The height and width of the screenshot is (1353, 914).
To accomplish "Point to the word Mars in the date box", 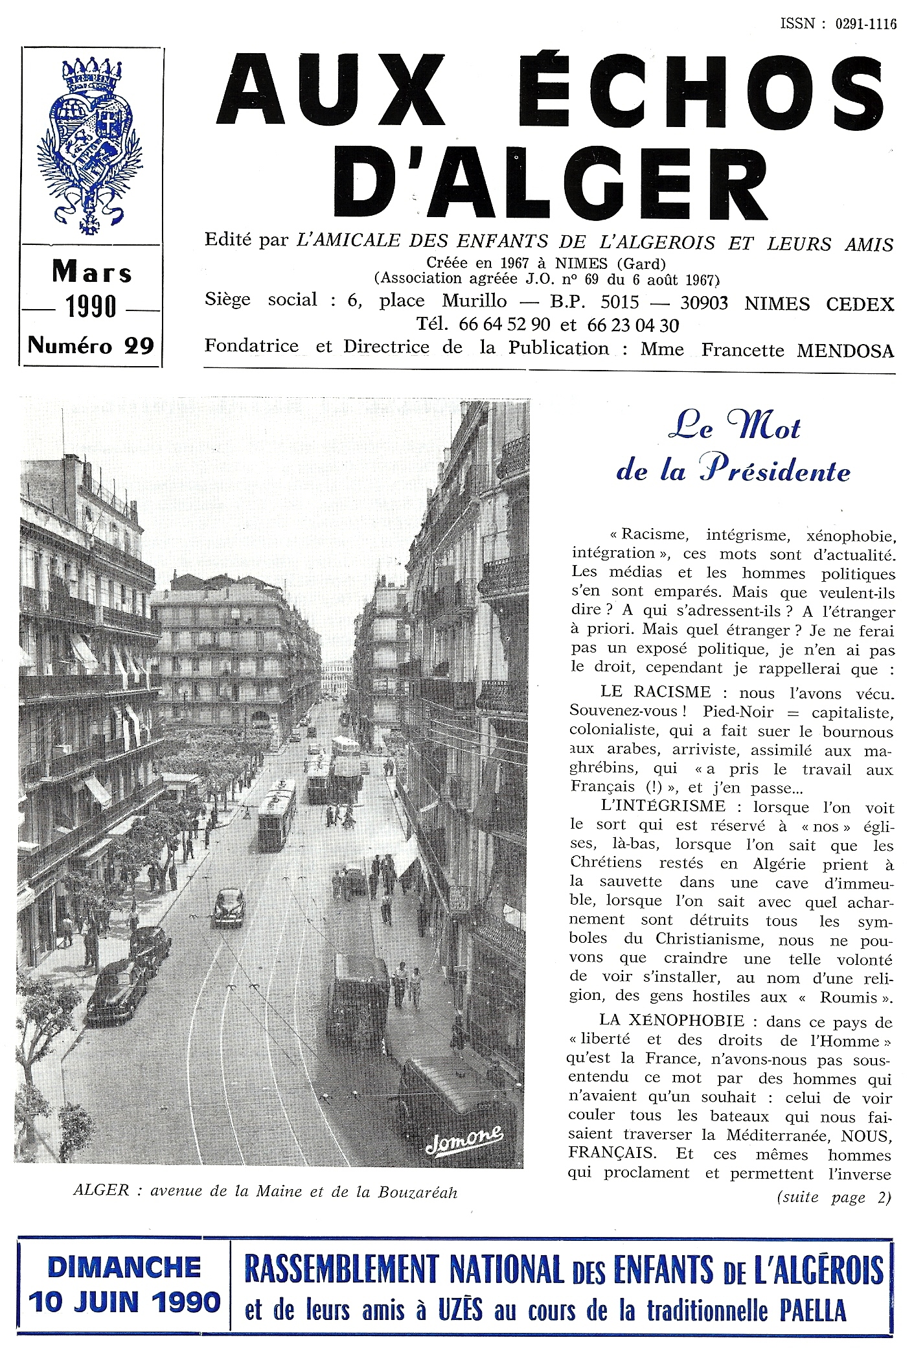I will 92,273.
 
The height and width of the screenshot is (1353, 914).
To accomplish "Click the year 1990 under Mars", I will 91,307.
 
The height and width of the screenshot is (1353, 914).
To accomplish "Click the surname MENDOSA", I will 845,351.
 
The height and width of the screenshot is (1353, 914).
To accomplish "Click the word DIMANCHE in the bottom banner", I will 124,1267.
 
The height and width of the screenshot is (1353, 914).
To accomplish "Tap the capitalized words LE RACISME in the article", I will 656,692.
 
